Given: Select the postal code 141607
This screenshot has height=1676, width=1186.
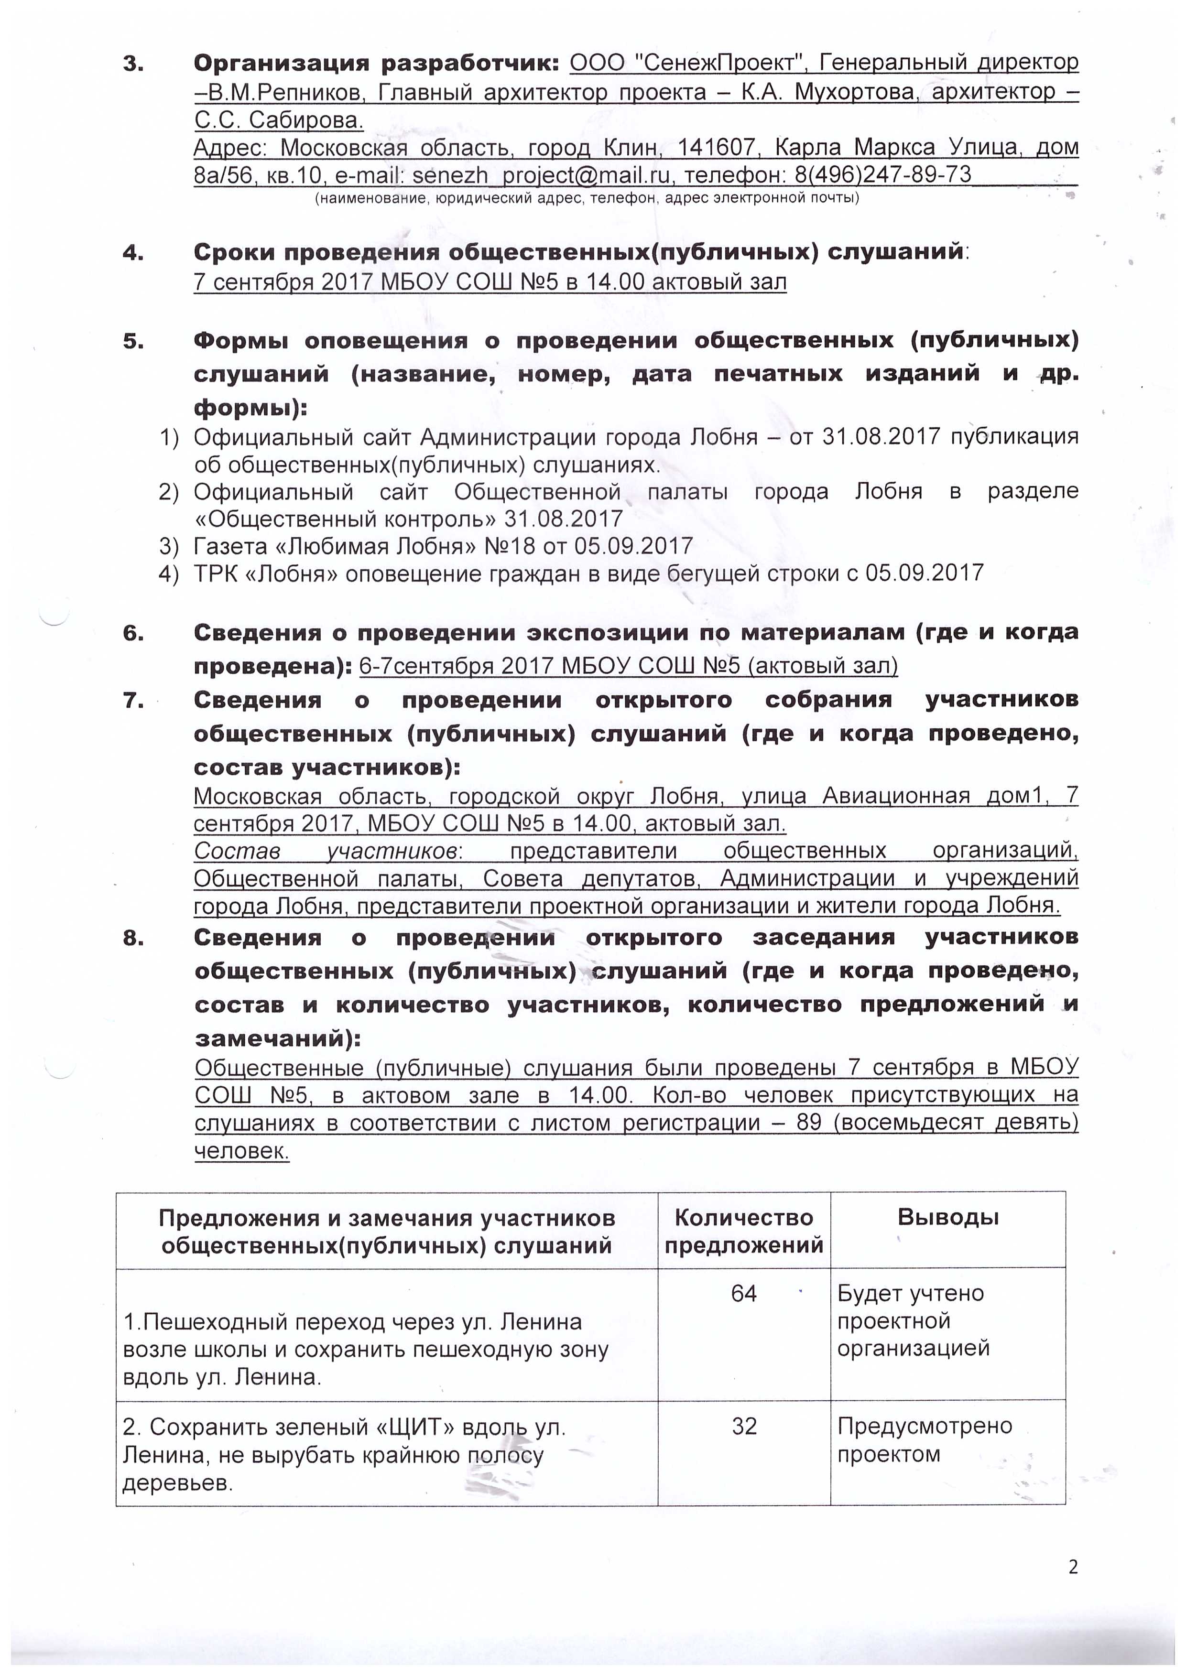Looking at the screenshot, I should [716, 148].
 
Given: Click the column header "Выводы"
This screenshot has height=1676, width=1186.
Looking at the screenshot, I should [948, 1216].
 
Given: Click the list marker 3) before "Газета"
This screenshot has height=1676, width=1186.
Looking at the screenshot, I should [169, 546].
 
